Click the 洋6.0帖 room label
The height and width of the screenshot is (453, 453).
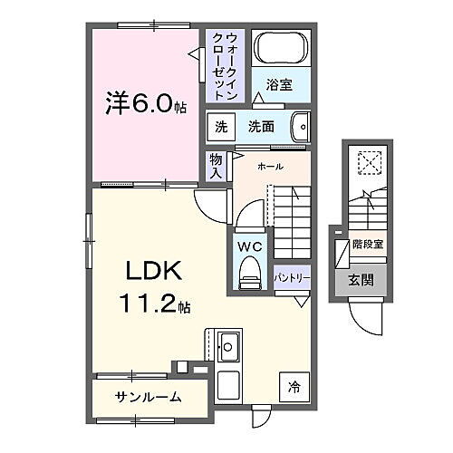pyautogui.click(x=144, y=105)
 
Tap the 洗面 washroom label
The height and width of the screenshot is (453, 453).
pyautogui.click(x=262, y=127)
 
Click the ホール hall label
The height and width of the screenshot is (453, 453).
pyautogui.click(x=270, y=166)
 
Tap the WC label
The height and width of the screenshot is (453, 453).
pyautogui.click(x=249, y=245)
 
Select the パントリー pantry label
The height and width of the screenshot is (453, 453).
pyautogui.click(x=292, y=278)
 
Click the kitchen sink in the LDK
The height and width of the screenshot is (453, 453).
pyautogui.click(x=228, y=345)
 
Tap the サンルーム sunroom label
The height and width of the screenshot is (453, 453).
pyautogui.click(x=148, y=396)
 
